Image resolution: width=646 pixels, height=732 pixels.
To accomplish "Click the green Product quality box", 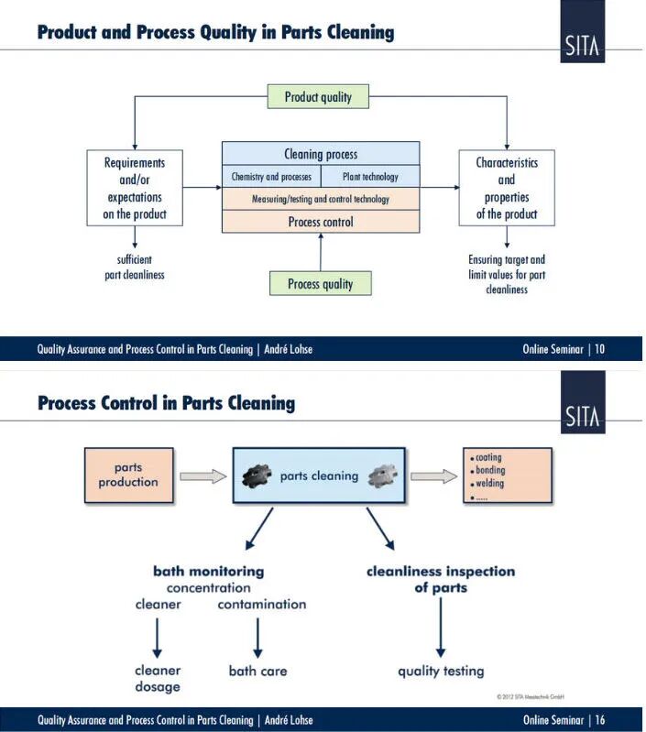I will [318, 96].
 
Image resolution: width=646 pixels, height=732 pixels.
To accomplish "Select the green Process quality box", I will [320, 284].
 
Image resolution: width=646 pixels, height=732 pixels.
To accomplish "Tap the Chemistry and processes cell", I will [271, 177].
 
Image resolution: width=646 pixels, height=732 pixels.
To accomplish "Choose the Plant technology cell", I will [370, 177].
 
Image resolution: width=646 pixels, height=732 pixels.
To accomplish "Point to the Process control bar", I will [320, 222].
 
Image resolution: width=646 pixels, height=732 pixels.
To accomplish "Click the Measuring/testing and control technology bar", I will [320, 199].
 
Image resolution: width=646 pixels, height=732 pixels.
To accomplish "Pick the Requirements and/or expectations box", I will [134, 189].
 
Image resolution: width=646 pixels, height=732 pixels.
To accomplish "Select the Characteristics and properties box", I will [507, 189].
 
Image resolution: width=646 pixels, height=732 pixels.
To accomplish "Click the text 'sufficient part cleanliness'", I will [134, 268].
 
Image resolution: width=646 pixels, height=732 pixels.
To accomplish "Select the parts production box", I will [128, 475].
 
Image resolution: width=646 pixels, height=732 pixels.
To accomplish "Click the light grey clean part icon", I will [382, 475].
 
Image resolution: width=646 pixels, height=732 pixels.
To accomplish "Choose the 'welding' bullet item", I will [489, 484].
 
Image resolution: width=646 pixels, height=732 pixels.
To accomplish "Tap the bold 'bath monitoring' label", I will [208, 571].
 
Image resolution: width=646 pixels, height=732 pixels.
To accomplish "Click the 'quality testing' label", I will [441, 672].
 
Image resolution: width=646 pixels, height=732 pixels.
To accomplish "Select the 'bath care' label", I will [257, 672].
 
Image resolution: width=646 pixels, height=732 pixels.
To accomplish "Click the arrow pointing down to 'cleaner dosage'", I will [158, 635].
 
